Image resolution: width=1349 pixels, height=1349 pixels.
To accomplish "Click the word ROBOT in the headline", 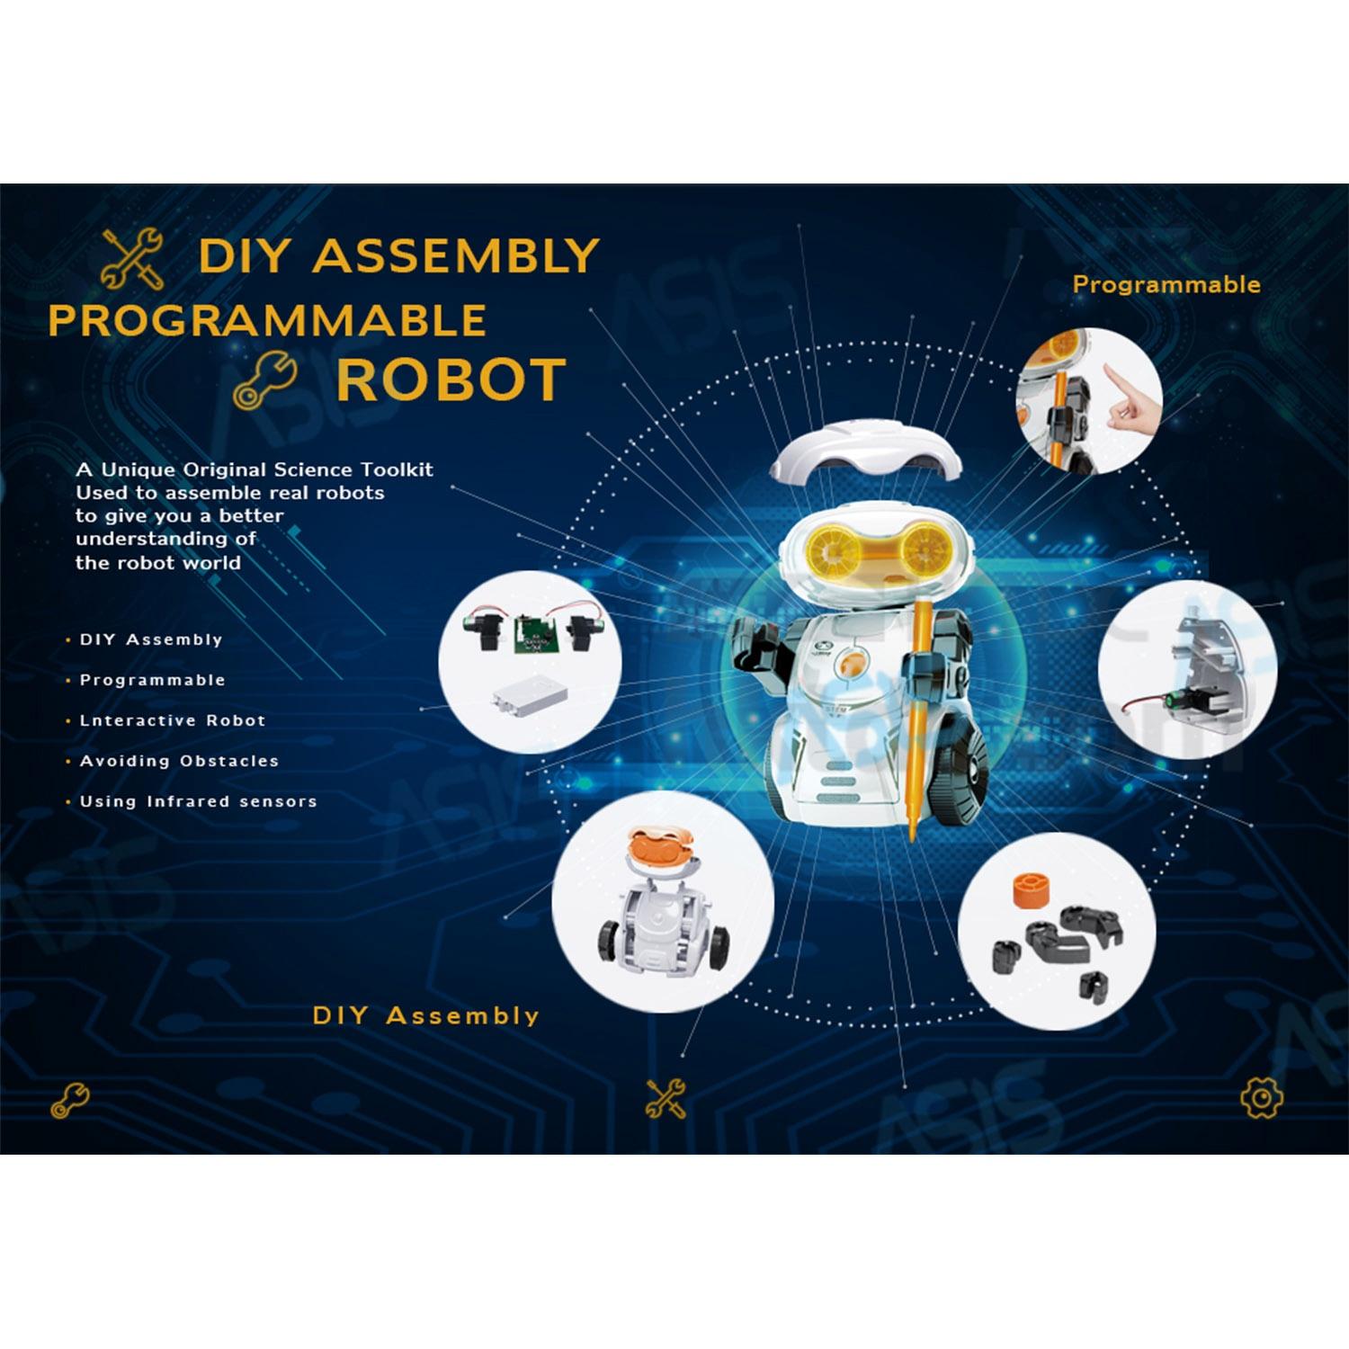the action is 451,380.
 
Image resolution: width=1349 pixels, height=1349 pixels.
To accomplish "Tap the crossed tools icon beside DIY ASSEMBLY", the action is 132,259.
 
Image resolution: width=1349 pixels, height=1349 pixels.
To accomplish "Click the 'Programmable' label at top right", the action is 1166,285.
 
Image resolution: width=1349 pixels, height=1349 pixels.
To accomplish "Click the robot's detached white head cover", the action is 865,458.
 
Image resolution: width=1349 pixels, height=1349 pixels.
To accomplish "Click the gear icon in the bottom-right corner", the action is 1262,1097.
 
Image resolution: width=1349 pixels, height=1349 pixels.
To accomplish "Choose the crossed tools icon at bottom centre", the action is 666,1098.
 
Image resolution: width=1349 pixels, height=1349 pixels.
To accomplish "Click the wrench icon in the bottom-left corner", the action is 70,1100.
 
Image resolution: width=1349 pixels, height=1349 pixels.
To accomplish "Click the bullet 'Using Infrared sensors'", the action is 199,801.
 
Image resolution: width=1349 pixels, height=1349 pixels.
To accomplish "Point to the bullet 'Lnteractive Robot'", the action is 173,720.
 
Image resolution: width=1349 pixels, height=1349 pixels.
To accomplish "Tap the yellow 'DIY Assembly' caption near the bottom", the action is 426,1015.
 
